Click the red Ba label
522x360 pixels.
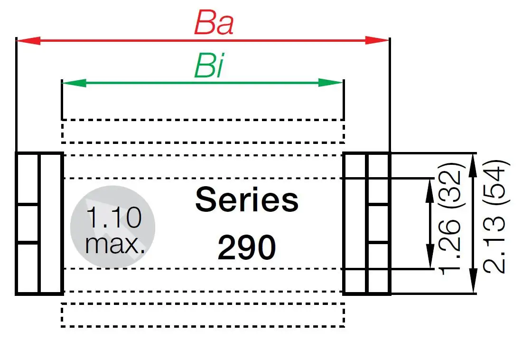[x=214, y=23]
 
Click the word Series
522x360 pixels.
[x=247, y=200]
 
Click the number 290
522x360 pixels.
[x=247, y=247]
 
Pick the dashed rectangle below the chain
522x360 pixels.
[x=203, y=315]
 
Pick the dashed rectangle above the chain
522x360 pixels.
[x=203, y=131]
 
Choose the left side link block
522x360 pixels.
[x=39, y=223]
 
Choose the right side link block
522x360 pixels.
[x=366, y=223]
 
